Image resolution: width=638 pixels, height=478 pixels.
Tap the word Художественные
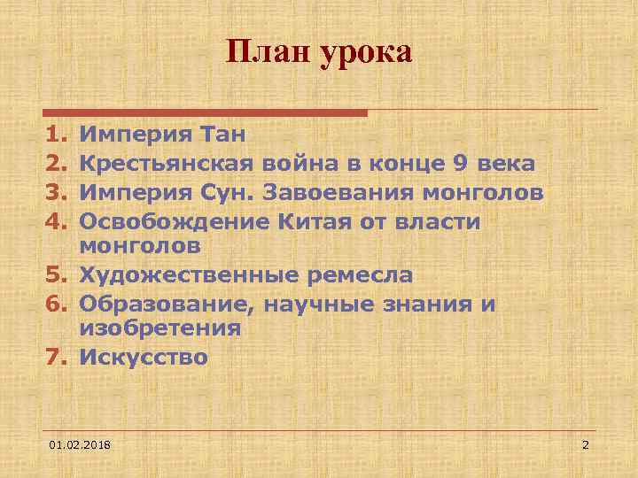pos(188,275)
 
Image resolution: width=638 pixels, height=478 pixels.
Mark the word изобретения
pos(160,328)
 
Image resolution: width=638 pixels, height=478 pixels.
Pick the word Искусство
pos(144,358)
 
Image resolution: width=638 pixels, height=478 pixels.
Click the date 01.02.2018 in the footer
pos(87,443)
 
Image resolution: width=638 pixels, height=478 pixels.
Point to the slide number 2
pos(585,443)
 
